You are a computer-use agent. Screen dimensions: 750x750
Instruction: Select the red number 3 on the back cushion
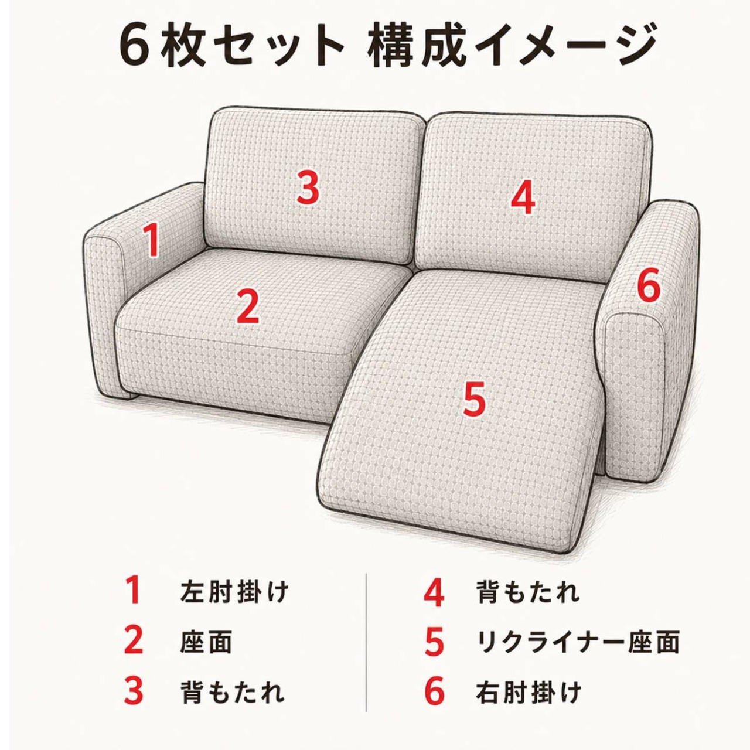tap(308, 188)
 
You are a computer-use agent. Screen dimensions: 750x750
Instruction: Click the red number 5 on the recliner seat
tap(474, 398)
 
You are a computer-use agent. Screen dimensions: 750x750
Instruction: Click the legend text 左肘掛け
tap(234, 592)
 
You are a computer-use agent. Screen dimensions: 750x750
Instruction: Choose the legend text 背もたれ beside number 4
tap(528, 592)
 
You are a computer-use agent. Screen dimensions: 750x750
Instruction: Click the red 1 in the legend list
tap(134, 591)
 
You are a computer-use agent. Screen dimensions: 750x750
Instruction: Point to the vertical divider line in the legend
tap(366, 642)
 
